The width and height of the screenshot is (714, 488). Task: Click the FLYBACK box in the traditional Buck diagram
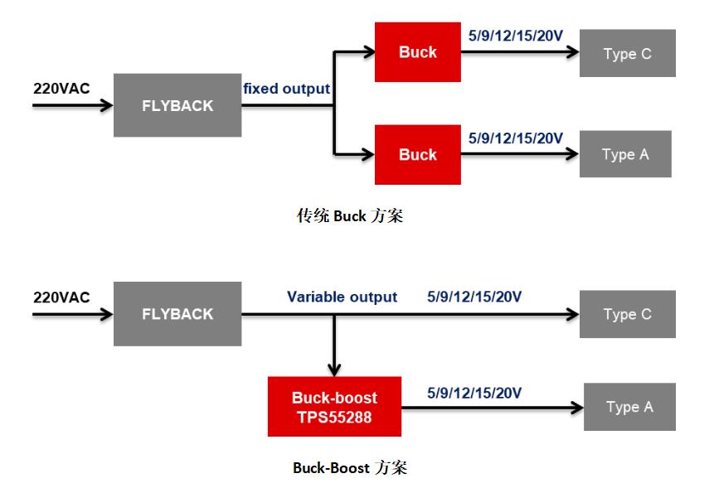tap(177, 105)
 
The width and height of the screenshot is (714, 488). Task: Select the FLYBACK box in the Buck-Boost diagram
tap(177, 314)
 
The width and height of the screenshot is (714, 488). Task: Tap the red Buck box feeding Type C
tap(417, 52)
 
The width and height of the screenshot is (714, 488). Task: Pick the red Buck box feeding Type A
tap(417, 154)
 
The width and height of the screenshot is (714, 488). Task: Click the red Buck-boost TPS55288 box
tap(334, 407)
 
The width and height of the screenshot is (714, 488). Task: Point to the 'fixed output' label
tap(286, 88)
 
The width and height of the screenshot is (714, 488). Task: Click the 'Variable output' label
tap(342, 297)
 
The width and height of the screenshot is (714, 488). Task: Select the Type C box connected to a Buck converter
tap(627, 54)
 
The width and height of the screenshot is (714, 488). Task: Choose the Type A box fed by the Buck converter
tap(624, 154)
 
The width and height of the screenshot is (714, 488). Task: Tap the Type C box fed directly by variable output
tap(627, 314)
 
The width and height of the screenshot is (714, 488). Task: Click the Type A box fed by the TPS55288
tap(629, 407)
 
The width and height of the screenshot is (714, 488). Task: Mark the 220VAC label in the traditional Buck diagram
tap(61, 88)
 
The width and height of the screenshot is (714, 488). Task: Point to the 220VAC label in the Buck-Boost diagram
tap(61, 297)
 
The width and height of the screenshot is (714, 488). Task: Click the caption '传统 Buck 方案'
tap(350, 216)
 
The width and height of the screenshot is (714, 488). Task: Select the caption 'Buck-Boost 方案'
tap(349, 467)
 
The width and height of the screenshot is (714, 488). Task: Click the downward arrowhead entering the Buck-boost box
tap(334, 370)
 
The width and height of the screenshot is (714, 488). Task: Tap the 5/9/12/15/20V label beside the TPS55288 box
tap(474, 391)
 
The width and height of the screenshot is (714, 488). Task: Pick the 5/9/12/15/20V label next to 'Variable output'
tap(474, 297)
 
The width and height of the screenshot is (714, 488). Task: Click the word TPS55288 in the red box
tap(334, 418)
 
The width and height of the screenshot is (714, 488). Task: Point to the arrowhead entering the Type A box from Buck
tap(571, 154)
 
